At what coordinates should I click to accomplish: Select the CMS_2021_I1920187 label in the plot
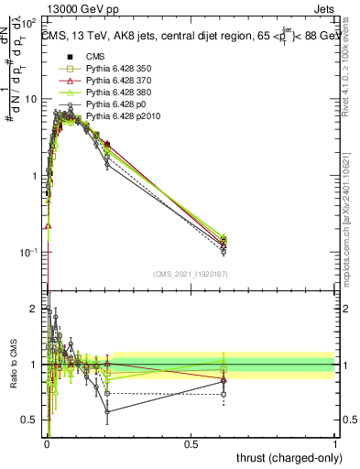point(191,273)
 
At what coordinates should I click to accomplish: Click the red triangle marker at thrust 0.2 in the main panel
point(107,144)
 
